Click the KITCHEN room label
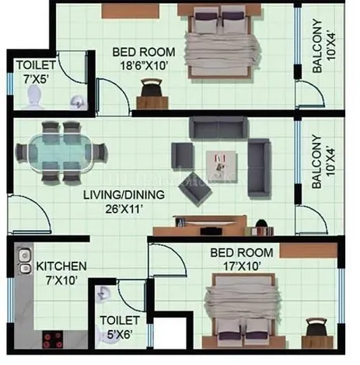tap(61, 266)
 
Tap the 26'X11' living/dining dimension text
tap(124, 209)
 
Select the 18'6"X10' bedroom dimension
tap(143, 65)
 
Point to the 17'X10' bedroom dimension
tap(242, 266)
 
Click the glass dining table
tap(60, 153)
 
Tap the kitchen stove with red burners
tap(53, 339)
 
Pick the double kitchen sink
tap(25, 262)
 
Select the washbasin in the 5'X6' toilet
tap(103, 294)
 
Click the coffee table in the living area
tap(222, 166)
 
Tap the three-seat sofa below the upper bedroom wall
tap(218, 127)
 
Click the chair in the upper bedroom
tap(152, 89)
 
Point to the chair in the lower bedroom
tap(316, 328)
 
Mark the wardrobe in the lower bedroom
tap(309, 251)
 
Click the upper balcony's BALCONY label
tap(317, 46)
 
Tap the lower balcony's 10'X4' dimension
tap(330, 162)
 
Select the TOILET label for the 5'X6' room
tap(120, 321)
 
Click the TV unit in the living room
tap(200, 225)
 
